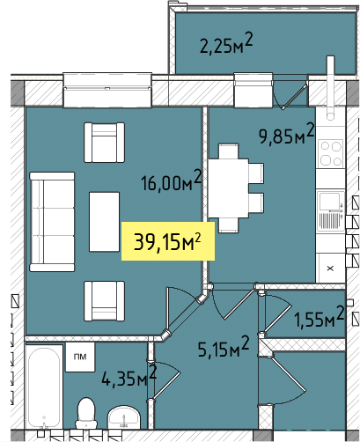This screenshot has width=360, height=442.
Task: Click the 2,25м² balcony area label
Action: click(226, 44)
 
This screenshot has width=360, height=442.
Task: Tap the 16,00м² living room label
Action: click(172, 181)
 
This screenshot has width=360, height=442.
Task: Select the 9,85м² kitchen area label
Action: click(286, 135)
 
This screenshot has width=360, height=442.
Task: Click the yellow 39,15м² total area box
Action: click(168, 241)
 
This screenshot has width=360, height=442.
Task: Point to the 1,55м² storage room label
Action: click(320, 317)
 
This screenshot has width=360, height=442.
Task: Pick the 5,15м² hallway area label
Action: click(224, 347)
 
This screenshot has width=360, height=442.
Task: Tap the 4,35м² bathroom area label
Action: click(129, 376)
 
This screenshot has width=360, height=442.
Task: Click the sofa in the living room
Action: click(52, 222)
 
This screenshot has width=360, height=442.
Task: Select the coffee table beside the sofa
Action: click(104, 222)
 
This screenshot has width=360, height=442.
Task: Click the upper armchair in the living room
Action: click(105, 143)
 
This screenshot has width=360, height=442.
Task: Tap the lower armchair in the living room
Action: click(105, 301)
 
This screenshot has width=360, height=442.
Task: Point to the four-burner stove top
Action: click(332, 153)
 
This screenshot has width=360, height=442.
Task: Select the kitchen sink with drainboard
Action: click(331, 210)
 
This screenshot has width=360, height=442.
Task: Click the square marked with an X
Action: click(331, 268)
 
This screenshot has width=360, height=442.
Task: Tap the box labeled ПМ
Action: click(80, 357)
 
